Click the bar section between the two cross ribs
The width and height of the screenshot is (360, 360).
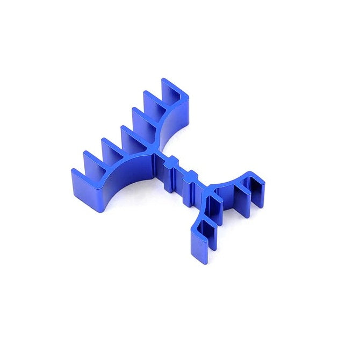(x=181, y=175)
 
